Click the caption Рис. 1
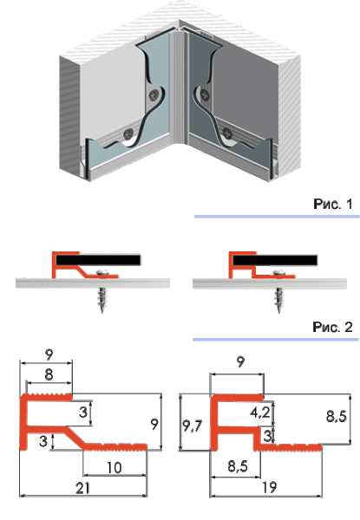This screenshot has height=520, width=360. (x=333, y=204)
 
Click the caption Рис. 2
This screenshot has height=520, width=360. (x=332, y=327)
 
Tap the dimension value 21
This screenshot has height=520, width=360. (x=82, y=488)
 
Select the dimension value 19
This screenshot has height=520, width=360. (x=269, y=487)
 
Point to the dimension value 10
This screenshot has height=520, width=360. (x=115, y=468)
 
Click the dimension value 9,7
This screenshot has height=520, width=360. (x=193, y=426)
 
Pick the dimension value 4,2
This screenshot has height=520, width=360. (x=260, y=413)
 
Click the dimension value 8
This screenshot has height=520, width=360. (x=49, y=374)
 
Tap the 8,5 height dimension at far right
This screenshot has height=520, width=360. (x=337, y=416)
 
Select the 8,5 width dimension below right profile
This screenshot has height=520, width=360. (x=238, y=466)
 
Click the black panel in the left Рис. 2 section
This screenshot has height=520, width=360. (x=98, y=260)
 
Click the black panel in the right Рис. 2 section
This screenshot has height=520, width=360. (x=275, y=260)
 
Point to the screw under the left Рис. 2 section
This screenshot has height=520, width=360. (x=102, y=291)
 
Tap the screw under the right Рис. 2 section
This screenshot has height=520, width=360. (x=278, y=291)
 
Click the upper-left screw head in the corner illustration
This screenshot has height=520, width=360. (x=154, y=95)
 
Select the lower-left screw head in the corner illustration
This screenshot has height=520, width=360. (x=128, y=134)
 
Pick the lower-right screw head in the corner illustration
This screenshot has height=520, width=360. (x=228, y=133)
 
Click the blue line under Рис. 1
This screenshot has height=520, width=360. (x=277, y=217)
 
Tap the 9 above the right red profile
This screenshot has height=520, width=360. (x=241, y=361)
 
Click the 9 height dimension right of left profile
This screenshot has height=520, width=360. (x=154, y=424)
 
